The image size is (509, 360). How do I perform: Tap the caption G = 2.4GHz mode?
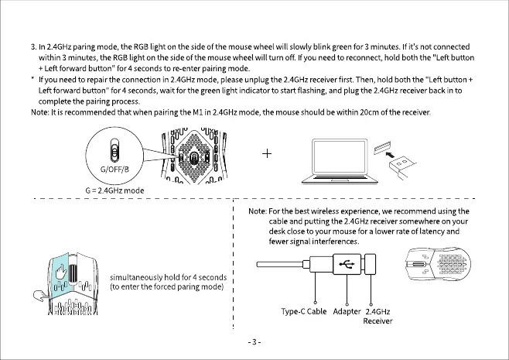(x=114, y=190)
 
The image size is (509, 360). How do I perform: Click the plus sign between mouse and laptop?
(x=266, y=154)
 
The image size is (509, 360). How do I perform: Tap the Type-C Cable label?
(x=305, y=312)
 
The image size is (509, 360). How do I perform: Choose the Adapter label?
(x=347, y=312)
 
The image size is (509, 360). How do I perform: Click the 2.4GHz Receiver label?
(x=377, y=317)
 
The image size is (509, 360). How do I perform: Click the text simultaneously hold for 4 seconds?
(x=168, y=277)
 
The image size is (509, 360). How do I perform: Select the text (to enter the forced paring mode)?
(x=167, y=287)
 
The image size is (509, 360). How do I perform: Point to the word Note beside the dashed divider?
(x=257, y=211)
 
